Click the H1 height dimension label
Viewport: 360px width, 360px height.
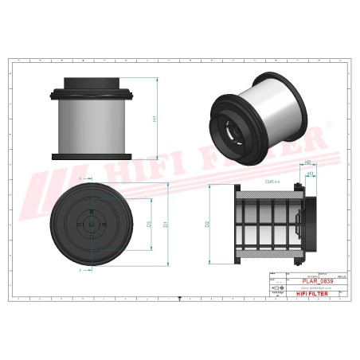[154, 119]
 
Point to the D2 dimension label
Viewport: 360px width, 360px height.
[209, 224]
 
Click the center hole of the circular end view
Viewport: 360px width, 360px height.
[92, 225]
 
